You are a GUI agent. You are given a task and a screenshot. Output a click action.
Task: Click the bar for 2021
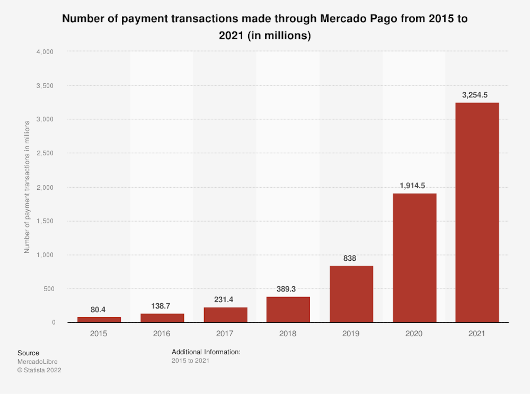[x=477, y=212]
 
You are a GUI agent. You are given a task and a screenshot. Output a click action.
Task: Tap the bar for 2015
[x=99, y=319]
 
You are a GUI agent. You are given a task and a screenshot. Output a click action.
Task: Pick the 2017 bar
[x=225, y=315]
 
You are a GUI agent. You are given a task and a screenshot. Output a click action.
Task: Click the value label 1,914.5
[x=412, y=186]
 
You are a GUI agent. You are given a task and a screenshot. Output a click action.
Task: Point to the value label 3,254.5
[x=475, y=95]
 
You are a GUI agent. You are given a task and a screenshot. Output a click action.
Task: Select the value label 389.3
[x=286, y=289]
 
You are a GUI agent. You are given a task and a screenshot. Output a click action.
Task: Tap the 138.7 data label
[x=161, y=306]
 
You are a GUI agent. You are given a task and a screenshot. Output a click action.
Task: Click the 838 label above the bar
[x=350, y=258]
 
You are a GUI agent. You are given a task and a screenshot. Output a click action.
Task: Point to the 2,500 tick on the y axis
[x=45, y=153]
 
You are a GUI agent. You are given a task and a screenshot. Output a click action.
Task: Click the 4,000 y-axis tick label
[x=45, y=52]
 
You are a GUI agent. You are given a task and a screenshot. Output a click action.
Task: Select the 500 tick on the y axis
[x=49, y=289]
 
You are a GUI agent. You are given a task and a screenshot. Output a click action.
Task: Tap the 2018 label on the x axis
[x=288, y=334]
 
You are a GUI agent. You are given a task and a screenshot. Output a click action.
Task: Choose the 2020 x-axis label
[x=414, y=334]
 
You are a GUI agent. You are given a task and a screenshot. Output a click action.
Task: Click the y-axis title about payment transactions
[x=27, y=187]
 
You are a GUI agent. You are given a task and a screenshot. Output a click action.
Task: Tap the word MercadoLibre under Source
[x=37, y=362]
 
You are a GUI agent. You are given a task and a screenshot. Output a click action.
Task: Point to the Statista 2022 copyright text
[x=39, y=370]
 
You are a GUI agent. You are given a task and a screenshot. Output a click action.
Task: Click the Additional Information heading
[x=206, y=352]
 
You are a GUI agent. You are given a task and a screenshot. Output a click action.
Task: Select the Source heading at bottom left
[x=28, y=353]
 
